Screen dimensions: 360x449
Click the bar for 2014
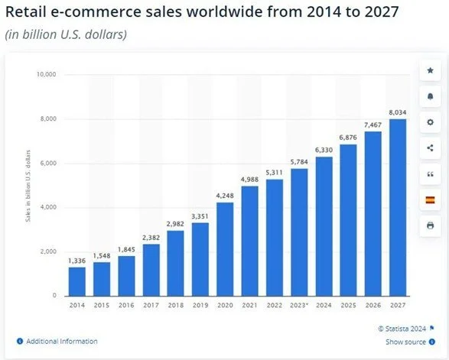pos(76,281)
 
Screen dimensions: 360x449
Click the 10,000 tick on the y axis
pos(47,75)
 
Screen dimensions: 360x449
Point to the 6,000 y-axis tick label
pos(49,164)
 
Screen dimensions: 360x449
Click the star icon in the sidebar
pos(430,71)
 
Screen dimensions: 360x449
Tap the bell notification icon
pos(430,97)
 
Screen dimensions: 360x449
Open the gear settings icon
pos(430,122)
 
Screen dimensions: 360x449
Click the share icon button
pos(430,148)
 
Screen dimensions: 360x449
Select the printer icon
pos(430,225)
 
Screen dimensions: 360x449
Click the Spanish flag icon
pos(430,200)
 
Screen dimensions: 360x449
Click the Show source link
pos(405,342)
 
